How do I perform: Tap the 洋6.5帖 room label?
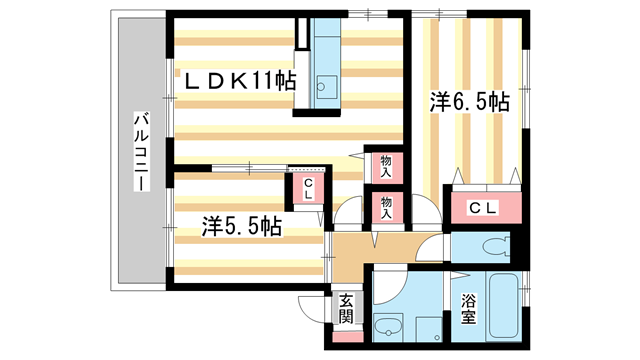[x=470, y=102]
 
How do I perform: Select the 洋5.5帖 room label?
[x=241, y=227]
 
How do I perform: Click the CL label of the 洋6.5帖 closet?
[x=485, y=208]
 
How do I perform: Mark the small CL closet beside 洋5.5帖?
[x=308, y=188]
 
